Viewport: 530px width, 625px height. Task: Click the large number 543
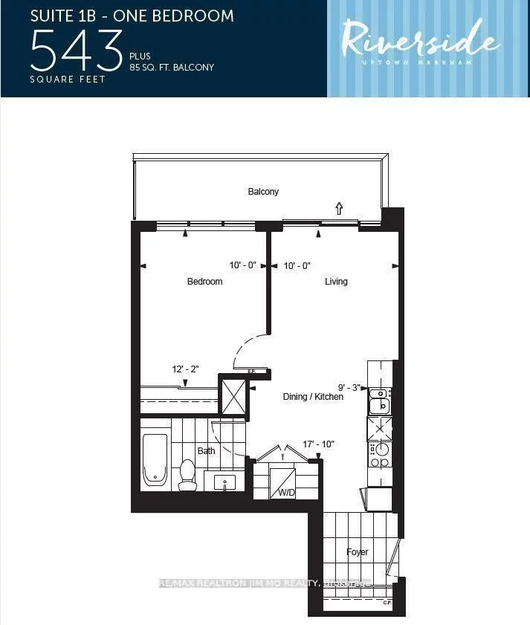click(x=77, y=49)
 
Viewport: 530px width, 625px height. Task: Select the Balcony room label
click(x=263, y=192)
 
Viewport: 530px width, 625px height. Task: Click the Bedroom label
click(x=204, y=282)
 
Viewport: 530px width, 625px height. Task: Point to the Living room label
click(x=336, y=282)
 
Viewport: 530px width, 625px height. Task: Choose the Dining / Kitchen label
click(x=313, y=397)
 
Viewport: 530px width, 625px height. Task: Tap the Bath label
click(x=206, y=451)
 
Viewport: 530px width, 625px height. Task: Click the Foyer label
click(x=358, y=552)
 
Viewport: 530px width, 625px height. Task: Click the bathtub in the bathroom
click(x=155, y=459)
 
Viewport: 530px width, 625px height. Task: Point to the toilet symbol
click(x=187, y=474)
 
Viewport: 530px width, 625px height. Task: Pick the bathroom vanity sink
click(x=225, y=482)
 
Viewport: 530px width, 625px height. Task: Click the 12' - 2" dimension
click(x=185, y=369)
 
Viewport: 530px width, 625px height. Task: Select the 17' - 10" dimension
click(x=318, y=444)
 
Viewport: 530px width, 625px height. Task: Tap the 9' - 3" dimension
click(x=349, y=387)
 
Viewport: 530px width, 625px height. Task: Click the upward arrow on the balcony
click(x=339, y=208)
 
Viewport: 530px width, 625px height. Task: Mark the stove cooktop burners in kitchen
click(x=380, y=454)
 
